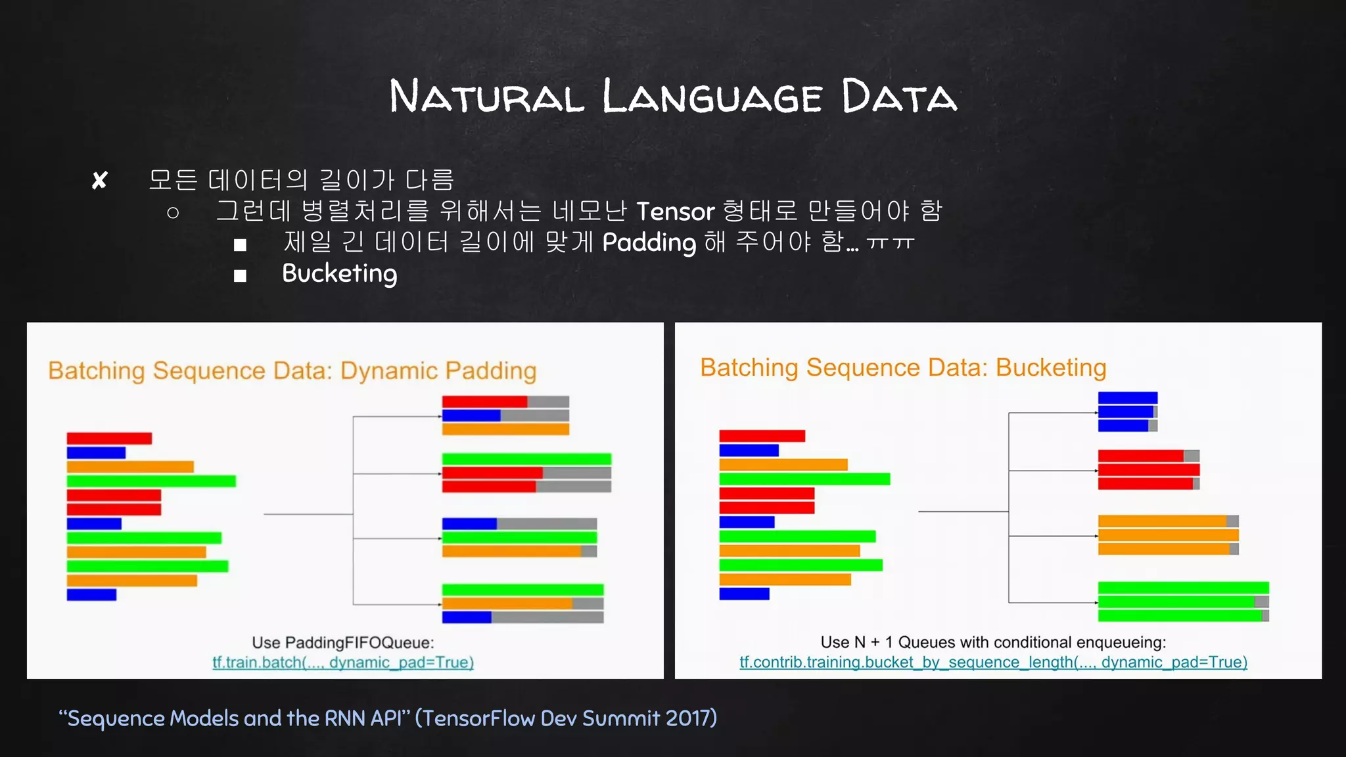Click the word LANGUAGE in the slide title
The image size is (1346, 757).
712,97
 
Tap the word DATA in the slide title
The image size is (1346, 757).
898,97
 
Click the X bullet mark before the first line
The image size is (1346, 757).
99,180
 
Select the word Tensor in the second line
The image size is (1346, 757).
675,212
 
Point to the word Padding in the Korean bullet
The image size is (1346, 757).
649,242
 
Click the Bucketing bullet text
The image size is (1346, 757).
339,274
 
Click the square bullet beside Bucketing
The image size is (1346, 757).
240,276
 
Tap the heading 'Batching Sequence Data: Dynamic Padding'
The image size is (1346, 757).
292,371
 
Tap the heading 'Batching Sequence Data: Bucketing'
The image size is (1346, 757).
903,367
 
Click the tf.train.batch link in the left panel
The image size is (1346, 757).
342,662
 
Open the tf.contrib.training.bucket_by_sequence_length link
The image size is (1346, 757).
993,662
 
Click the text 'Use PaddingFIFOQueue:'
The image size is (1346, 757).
342,643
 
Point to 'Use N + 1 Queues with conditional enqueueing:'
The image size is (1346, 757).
993,642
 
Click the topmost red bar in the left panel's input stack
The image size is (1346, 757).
109,438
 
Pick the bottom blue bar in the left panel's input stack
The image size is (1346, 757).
91,595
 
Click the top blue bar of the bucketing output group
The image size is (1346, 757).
1127,398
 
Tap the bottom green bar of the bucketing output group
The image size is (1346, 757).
1180,616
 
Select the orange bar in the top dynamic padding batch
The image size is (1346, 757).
505,429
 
